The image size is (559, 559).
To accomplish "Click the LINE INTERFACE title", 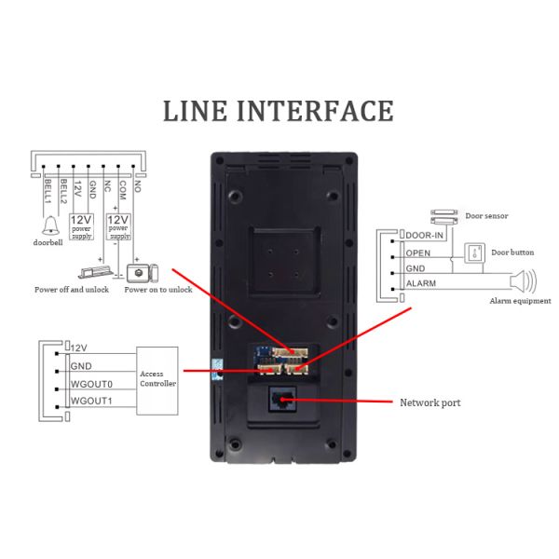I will click(x=279, y=110).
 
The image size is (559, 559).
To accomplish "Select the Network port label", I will click(x=429, y=402).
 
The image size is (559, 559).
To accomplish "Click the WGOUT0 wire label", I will click(x=91, y=384).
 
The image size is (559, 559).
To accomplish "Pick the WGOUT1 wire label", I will click(x=91, y=402).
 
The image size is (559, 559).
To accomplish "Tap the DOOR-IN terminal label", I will click(x=425, y=235).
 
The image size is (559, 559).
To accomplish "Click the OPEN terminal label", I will click(x=416, y=252).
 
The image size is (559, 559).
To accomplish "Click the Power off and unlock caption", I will click(x=71, y=290).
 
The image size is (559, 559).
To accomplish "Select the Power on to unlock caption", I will click(x=157, y=290).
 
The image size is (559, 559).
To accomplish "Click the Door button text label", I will click(x=512, y=252).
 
